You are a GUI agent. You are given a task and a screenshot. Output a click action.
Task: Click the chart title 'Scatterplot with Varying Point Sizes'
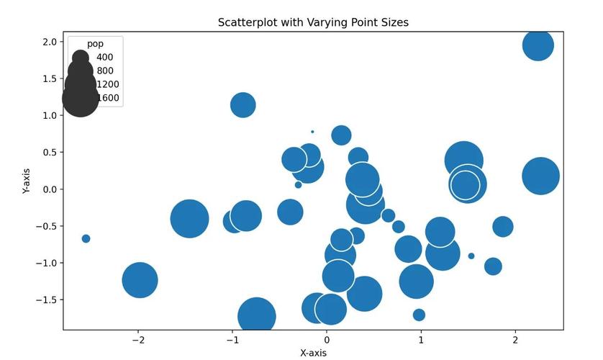(313, 22)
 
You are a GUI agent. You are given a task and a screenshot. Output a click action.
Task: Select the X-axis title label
(313, 353)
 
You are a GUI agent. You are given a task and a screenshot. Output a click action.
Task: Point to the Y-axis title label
(27, 181)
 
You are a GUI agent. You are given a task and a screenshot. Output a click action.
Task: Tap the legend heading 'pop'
(95, 44)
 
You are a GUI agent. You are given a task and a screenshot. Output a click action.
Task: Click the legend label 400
(104, 58)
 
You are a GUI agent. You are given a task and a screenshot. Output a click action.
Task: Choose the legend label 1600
(107, 98)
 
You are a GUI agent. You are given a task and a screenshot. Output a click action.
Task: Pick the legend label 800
(104, 71)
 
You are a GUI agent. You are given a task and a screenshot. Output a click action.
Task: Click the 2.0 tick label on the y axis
(49, 42)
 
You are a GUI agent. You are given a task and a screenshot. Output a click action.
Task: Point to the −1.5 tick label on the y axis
(47, 300)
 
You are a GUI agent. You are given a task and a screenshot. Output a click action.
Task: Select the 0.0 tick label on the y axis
(49, 189)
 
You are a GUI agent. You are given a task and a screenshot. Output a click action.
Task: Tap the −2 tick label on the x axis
(138, 341)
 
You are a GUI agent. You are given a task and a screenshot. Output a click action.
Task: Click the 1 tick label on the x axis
(421, 341)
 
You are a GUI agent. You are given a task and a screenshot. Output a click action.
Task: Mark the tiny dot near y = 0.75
(312, 132)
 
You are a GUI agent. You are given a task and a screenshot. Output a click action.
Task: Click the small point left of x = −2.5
(86, 238)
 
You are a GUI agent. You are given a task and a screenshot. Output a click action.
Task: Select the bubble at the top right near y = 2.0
(538, 45)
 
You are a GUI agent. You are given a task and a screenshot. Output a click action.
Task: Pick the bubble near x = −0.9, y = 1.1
(243, 104)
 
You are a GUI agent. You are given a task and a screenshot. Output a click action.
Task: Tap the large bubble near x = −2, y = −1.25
(140, 280)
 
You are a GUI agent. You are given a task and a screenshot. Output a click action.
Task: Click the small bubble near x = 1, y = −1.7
(419, 315)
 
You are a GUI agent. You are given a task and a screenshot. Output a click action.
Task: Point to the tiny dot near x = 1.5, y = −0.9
(471, 256)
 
